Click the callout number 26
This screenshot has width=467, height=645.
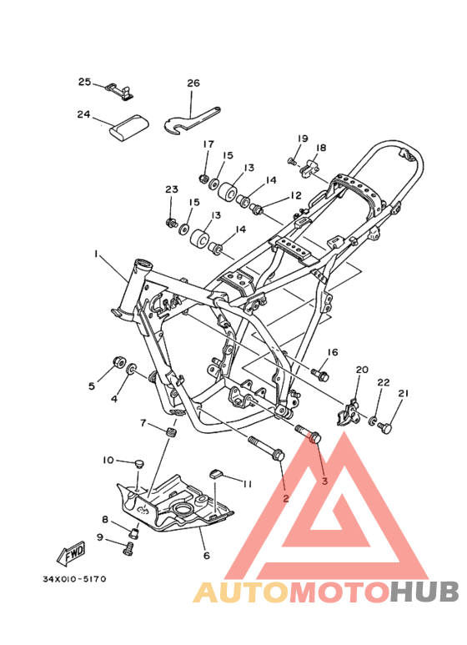193,83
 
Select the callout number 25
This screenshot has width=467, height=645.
85,82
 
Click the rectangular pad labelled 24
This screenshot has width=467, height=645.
128,129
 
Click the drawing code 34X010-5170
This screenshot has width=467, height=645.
74,579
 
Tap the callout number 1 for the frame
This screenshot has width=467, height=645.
96,254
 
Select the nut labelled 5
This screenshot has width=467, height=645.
119,362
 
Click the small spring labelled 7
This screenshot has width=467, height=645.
173,433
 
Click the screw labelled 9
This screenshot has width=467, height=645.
128,548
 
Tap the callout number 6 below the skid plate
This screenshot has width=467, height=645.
206,556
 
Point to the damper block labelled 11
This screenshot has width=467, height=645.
216,474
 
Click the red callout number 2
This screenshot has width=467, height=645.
286,498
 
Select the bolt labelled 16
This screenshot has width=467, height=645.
320,375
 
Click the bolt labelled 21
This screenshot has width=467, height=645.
385,427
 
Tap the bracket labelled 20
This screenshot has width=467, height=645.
349,412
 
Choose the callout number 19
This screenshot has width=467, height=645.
303,139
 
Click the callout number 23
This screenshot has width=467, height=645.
172,189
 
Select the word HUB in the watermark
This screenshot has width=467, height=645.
424,592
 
